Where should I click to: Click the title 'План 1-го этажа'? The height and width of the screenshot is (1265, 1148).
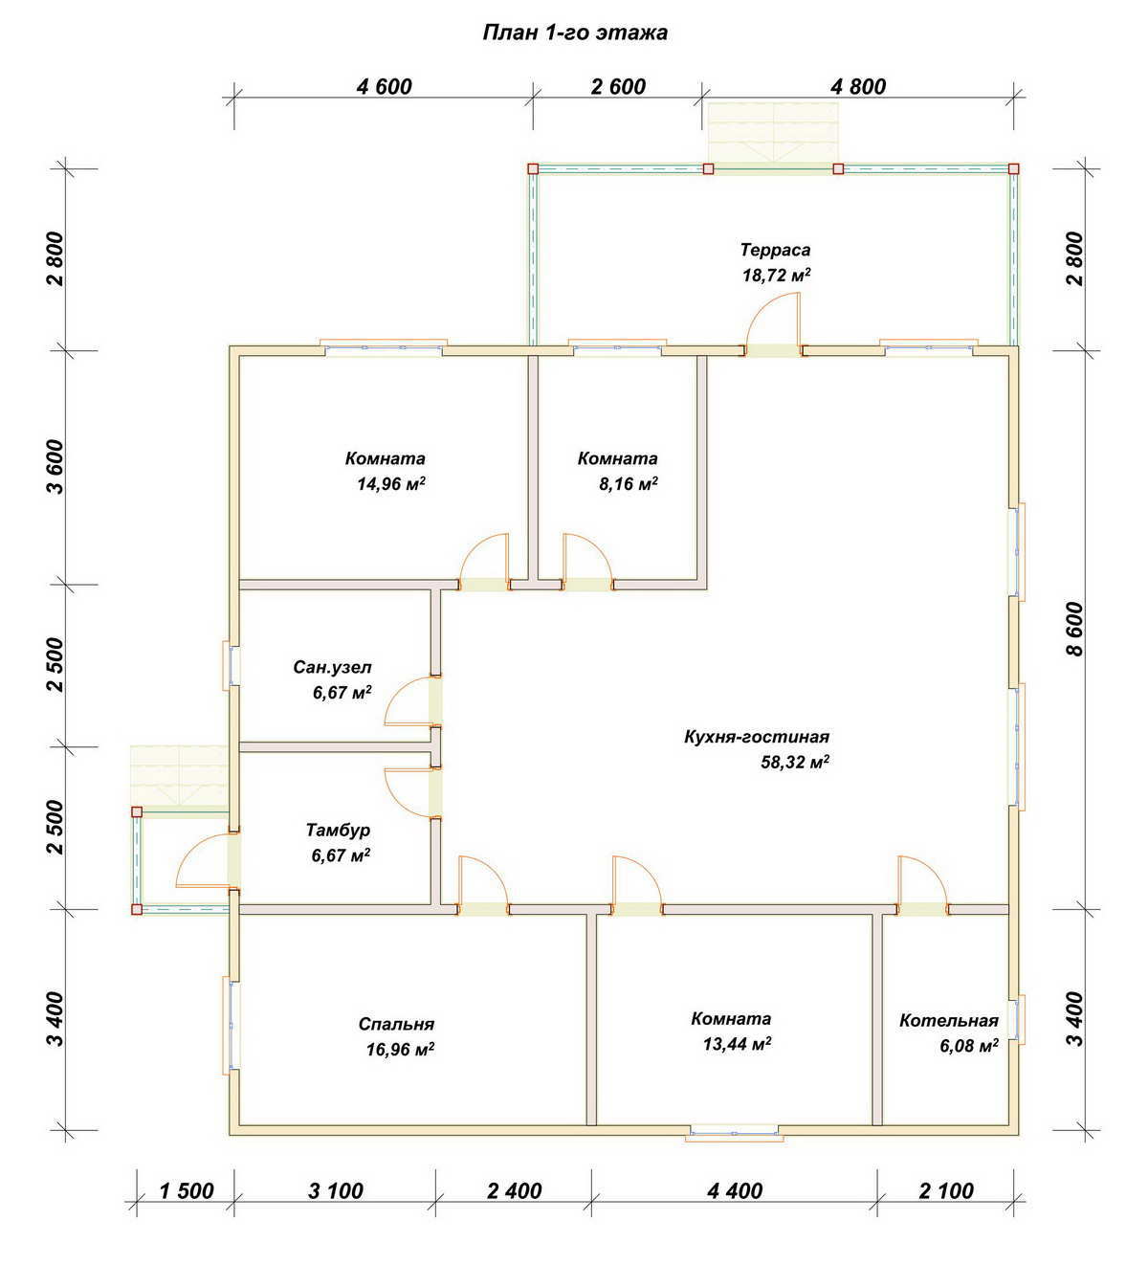[x=575, y=33]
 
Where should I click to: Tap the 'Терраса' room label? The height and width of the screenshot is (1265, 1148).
[x=775, y=250]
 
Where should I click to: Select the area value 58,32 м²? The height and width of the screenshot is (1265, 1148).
[x=795, y=763]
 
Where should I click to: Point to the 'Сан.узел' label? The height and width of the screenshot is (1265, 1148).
[x=332, y=667]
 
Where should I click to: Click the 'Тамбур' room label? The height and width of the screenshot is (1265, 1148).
[x=338, y=831]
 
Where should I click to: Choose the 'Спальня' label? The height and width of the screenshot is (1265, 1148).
[x=397, y=1024]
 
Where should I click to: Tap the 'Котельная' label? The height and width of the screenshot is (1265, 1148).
[x=949, y=1021]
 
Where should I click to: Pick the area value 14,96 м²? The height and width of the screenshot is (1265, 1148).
[x=391, y=484]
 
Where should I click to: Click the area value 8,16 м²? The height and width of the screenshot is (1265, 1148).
[x=629, y=484]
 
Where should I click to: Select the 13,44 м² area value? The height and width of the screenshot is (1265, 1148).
[x=738, y=1045]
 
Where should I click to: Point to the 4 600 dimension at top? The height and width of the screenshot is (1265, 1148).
[x=385, y=86]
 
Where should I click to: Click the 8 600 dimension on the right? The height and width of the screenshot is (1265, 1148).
[x=1075, y=629]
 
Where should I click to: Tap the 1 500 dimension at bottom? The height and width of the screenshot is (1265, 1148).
[x=187, y=1191]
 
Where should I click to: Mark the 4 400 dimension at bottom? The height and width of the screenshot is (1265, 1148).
[x=735, y=1191]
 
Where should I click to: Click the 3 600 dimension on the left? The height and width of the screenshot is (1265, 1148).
[x=56, y=467]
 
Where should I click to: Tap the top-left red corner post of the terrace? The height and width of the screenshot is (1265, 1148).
[x=533, y=169]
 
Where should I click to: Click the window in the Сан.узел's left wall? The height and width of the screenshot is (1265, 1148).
[x=231, y=665]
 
